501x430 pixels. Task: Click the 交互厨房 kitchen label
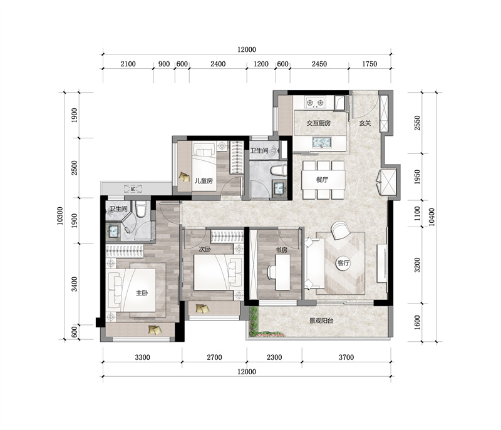pos(319,123)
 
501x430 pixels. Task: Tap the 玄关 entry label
pos(364,123)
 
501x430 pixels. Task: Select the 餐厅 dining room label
pos(322,180)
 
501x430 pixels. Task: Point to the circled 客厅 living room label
pos(343,264)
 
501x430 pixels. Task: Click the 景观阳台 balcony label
pos(321,320)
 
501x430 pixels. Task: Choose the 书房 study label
pos(281,250)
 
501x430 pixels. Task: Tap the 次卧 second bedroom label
pos(205,249)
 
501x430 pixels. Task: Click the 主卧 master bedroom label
pos(142,293)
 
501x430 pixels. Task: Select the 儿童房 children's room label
pos(204,181)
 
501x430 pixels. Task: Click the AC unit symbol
pos(133,188)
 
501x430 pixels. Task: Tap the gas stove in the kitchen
pos(316,102)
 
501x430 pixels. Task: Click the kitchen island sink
pos(322,142)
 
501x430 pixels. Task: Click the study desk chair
pos(272,272)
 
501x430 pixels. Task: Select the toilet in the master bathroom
pos(140,209)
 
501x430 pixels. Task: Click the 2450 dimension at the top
pos(319,64)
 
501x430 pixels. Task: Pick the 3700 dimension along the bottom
pos(346,357)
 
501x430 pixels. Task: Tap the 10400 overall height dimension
pos(431,217)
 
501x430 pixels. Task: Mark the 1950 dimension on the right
pos(417,177)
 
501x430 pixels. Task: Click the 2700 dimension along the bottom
pos(214,357)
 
